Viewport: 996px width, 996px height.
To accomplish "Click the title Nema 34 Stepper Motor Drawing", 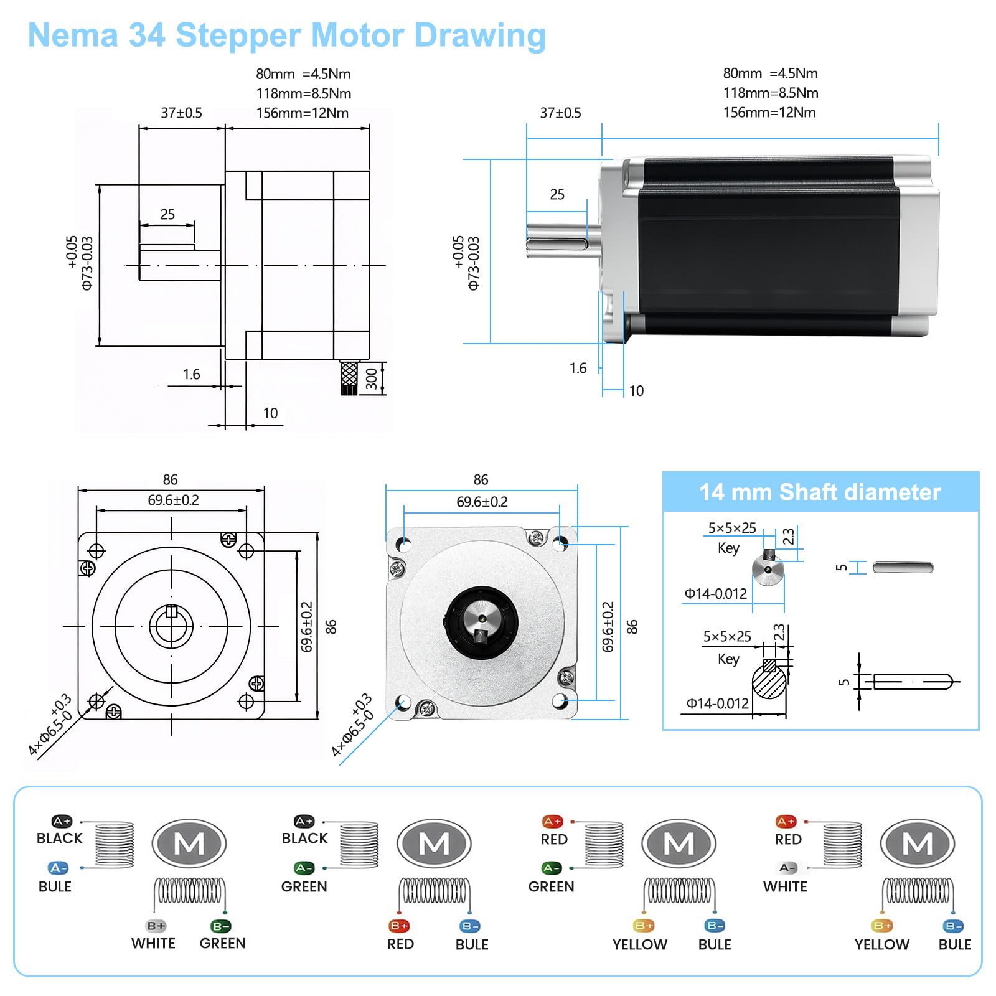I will coord(286,35).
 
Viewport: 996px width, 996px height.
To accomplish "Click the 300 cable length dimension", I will coord(372,378).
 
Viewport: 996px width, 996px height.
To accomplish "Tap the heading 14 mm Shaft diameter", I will coord(820,492).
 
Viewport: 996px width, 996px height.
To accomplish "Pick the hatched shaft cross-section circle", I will coord(769,682).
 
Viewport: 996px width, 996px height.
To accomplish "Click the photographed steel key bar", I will coord(903,567).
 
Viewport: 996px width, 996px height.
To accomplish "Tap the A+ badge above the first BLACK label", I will coord(62,821).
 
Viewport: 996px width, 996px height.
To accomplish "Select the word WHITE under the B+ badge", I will coord(153,943).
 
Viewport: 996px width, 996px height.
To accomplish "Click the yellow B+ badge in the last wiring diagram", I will coord(881,926).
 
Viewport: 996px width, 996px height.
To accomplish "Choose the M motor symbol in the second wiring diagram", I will coord(434,843).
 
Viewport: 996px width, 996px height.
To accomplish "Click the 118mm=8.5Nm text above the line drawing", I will coord(303,93).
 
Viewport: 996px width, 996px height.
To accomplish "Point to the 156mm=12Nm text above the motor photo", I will coord(769,113).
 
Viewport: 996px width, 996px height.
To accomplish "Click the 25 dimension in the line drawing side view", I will coord(167,214).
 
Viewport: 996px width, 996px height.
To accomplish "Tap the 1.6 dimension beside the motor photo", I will coord(578,368).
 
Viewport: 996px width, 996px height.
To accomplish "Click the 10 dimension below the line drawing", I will coord(270,413).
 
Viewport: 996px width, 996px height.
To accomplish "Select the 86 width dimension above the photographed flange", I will coord(481,479).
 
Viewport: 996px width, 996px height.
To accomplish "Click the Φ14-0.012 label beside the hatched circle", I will coord(717,703).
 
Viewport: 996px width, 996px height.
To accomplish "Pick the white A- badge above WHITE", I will coord(787,867).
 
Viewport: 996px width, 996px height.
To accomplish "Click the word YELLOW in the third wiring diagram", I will coord(639,944).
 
